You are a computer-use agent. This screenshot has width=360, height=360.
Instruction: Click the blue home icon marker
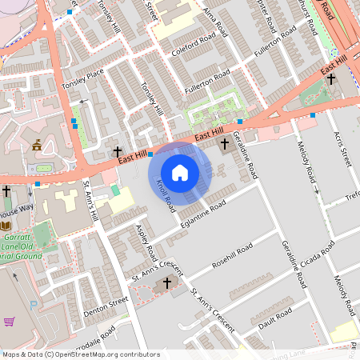tap(180, 173)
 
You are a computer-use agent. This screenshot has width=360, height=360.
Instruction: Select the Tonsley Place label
tap(82, 78)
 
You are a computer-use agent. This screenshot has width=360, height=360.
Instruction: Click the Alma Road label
tap(210, 14)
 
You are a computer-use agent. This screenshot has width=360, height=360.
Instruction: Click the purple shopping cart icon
tap(10, 322)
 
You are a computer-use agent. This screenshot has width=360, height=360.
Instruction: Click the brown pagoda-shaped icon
tap(37, 145)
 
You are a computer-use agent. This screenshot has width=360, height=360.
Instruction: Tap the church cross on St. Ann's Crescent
tap(167, 283)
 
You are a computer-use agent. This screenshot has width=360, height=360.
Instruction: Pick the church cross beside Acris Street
tap(330, 79)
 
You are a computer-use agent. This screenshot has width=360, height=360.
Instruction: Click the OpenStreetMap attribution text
tap(81, 354)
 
